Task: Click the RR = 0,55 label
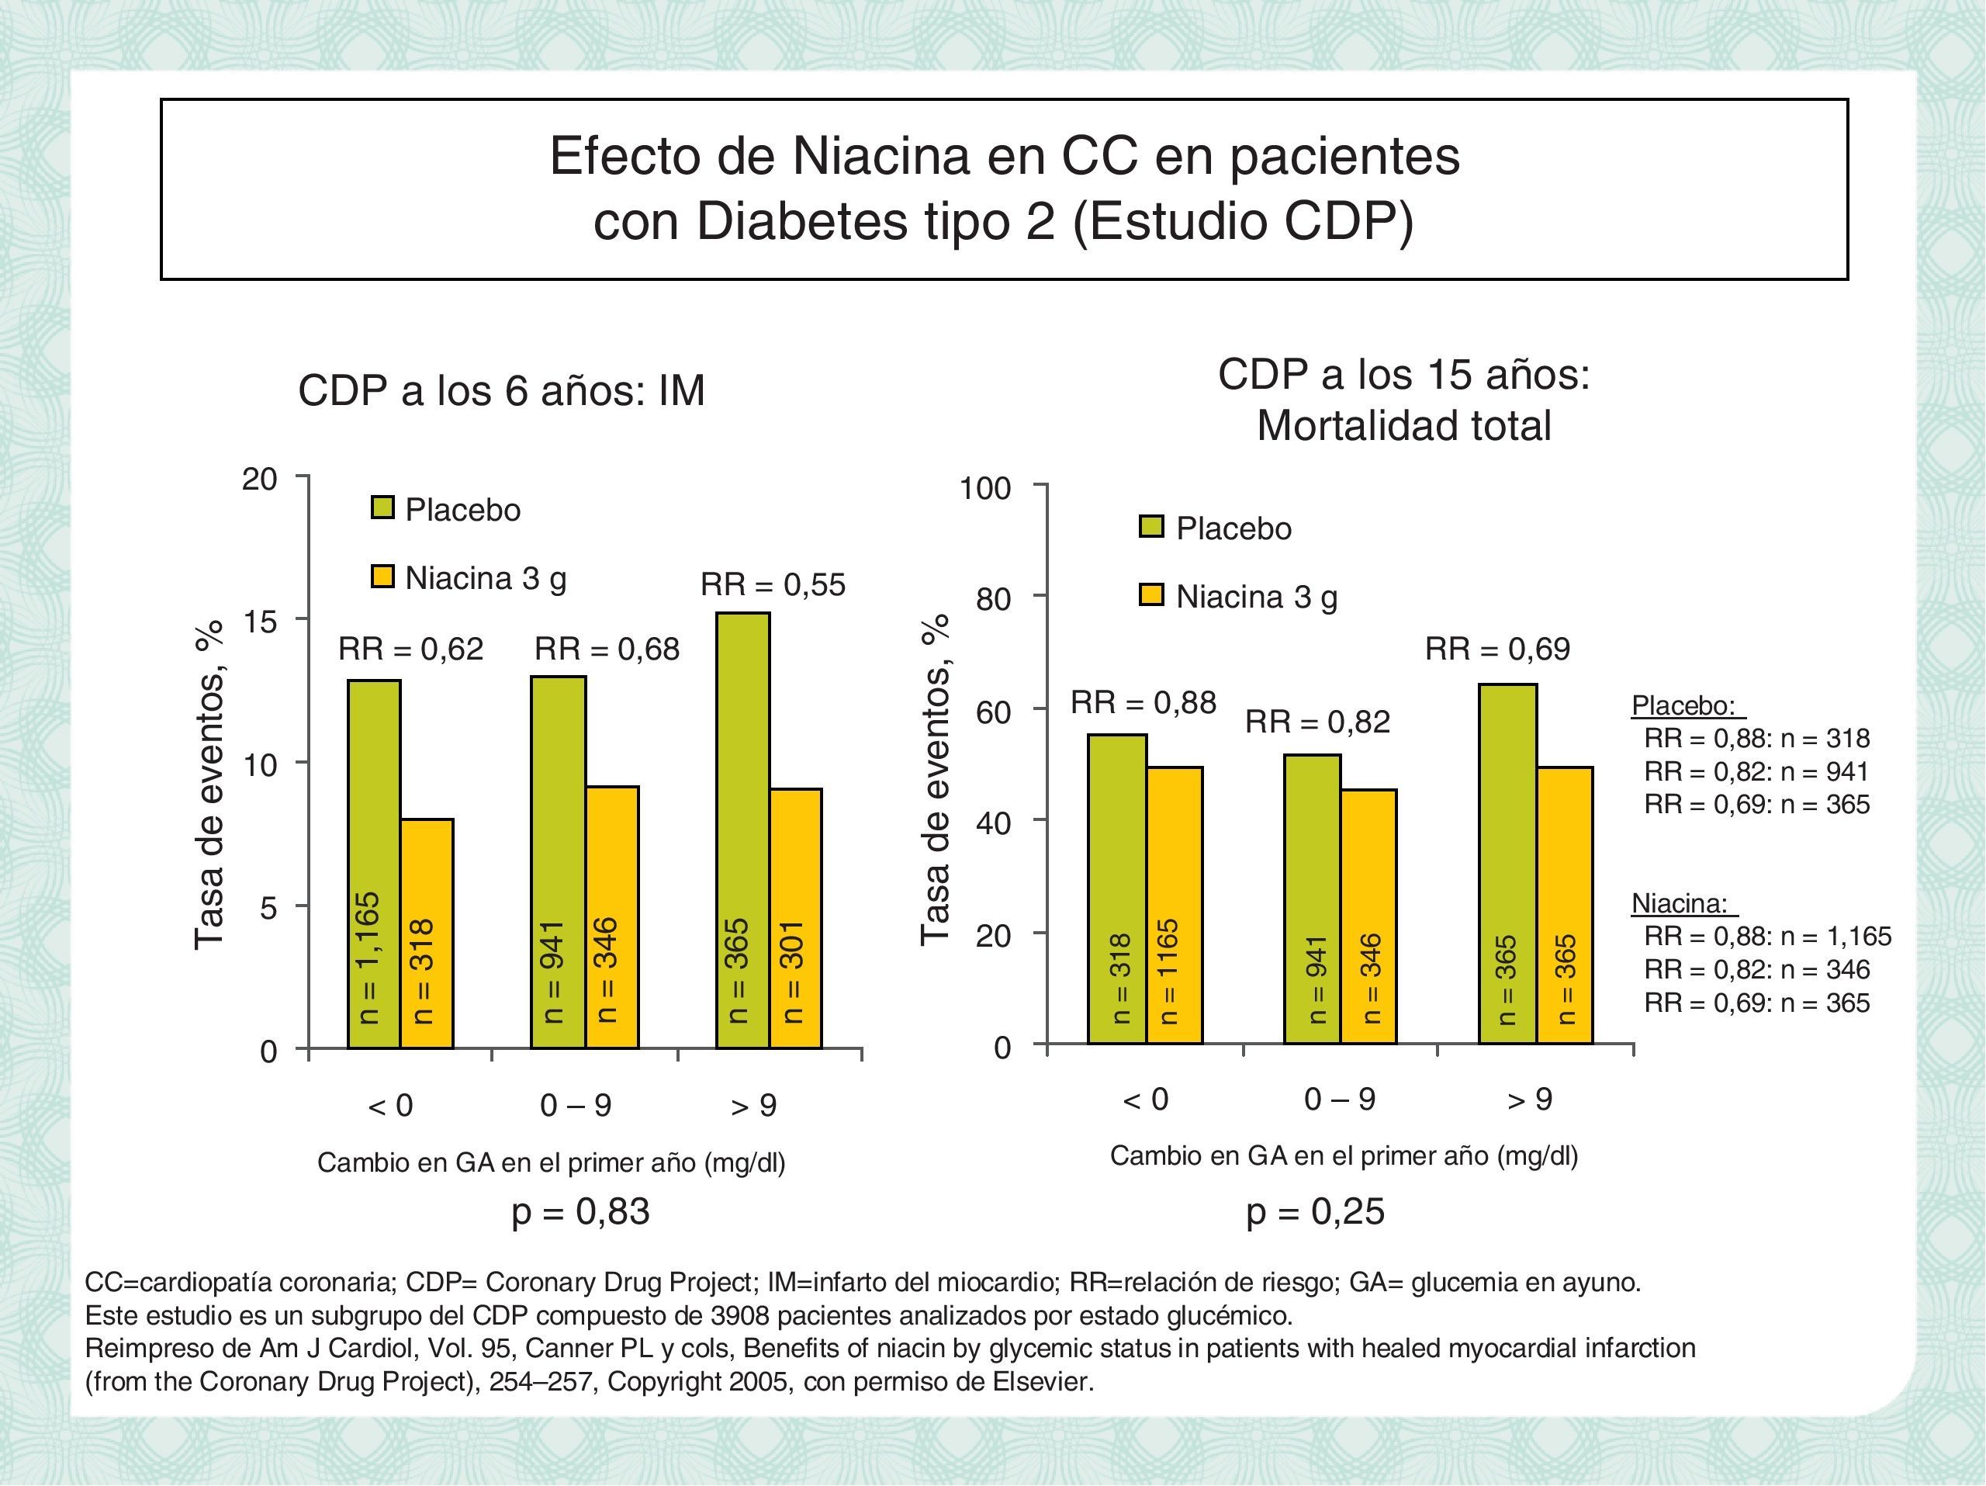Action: pos(772,584)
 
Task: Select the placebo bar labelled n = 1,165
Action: pos(373,864)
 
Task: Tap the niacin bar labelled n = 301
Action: pos(795,918)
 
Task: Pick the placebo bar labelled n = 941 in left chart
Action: pos(558,862)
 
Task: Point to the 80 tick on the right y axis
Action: pos(994,598)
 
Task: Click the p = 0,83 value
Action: pos(580,1211)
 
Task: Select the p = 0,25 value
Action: pos(1315,1211)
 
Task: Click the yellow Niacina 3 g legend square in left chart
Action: pos(383,577)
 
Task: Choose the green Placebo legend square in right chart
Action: pos(1151,527)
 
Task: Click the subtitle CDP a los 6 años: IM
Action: pos(501,390)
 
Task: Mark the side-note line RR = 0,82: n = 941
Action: pos(1756,771)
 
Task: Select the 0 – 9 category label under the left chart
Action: pos(576,1105)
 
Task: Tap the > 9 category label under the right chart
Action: pos(1529,1099)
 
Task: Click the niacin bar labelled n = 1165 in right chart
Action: pos(1175,905)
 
